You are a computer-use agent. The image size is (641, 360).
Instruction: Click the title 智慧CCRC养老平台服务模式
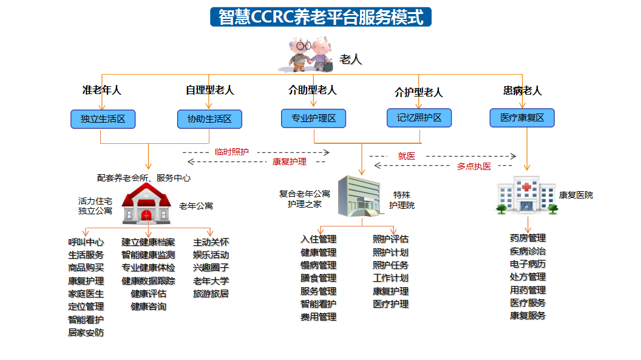pos(321,17)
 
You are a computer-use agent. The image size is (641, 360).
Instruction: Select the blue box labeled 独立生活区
pos(103,119)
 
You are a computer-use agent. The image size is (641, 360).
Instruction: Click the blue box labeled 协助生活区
pos(209,119)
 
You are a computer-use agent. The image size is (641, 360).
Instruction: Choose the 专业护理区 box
pos(314,118)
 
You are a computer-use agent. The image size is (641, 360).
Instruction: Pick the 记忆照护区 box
pos(419,118)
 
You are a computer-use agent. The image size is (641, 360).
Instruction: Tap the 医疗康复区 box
pos(522,118)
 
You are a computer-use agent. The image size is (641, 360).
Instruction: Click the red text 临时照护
pos(232,152)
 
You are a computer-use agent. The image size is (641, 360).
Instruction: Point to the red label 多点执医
pos(474,166)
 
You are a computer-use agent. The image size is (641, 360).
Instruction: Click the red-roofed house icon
pos(146,203)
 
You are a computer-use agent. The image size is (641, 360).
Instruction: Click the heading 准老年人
pos(102,90)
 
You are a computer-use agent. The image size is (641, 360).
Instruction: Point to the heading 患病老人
pos(523,90)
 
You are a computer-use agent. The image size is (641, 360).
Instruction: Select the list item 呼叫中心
pos(86,242)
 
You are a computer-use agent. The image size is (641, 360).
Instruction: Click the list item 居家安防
pos(86,333)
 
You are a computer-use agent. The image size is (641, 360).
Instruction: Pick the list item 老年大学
pos(211,281)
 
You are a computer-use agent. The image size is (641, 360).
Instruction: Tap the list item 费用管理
pos(319,317)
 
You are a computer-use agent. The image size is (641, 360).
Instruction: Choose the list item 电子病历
pos(527,264)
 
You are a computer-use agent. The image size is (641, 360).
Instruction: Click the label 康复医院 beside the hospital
pos(576,195)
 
